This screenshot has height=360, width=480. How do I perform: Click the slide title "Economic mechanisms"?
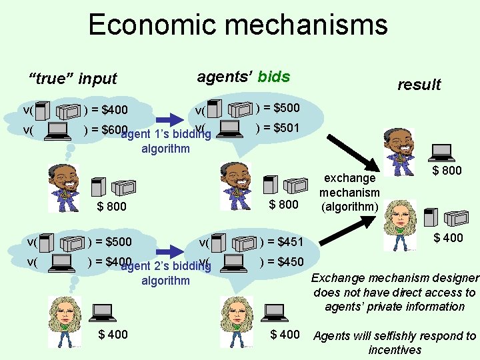point(237,25)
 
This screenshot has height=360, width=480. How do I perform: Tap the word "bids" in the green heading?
point(273,76)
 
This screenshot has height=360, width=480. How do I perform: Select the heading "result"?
point(419,85)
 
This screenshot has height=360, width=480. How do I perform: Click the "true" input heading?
point(73,79)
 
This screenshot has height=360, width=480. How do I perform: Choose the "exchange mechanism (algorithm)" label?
point(349,192)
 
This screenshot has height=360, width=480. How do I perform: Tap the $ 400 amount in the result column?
point(448,238)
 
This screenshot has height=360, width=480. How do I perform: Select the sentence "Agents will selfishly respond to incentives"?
point(395,343)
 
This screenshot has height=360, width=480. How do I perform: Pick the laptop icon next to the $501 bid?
point(231,128)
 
